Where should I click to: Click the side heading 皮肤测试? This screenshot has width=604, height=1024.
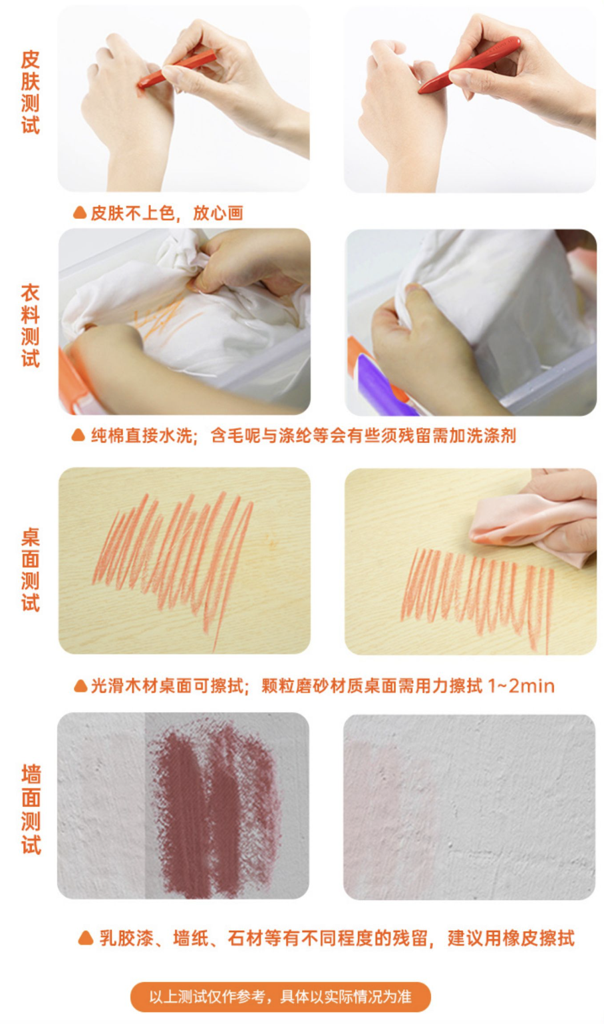(30, 93)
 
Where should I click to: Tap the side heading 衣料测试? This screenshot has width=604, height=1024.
(30, 326)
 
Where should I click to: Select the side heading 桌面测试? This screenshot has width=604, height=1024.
(30, 570)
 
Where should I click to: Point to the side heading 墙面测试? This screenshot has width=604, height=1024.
(31, 809)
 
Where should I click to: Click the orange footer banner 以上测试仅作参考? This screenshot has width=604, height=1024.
(281, 997)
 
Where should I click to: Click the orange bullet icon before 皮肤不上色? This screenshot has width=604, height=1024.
(80, 212)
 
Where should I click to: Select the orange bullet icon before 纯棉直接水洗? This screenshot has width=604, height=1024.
(78, 435)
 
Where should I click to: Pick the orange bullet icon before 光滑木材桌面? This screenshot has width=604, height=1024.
(80, 686)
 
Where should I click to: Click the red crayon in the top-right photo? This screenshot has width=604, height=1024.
(469, 65)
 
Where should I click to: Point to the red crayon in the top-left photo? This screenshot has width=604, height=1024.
(176, 71)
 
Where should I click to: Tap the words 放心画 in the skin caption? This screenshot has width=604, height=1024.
(218, 213)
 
